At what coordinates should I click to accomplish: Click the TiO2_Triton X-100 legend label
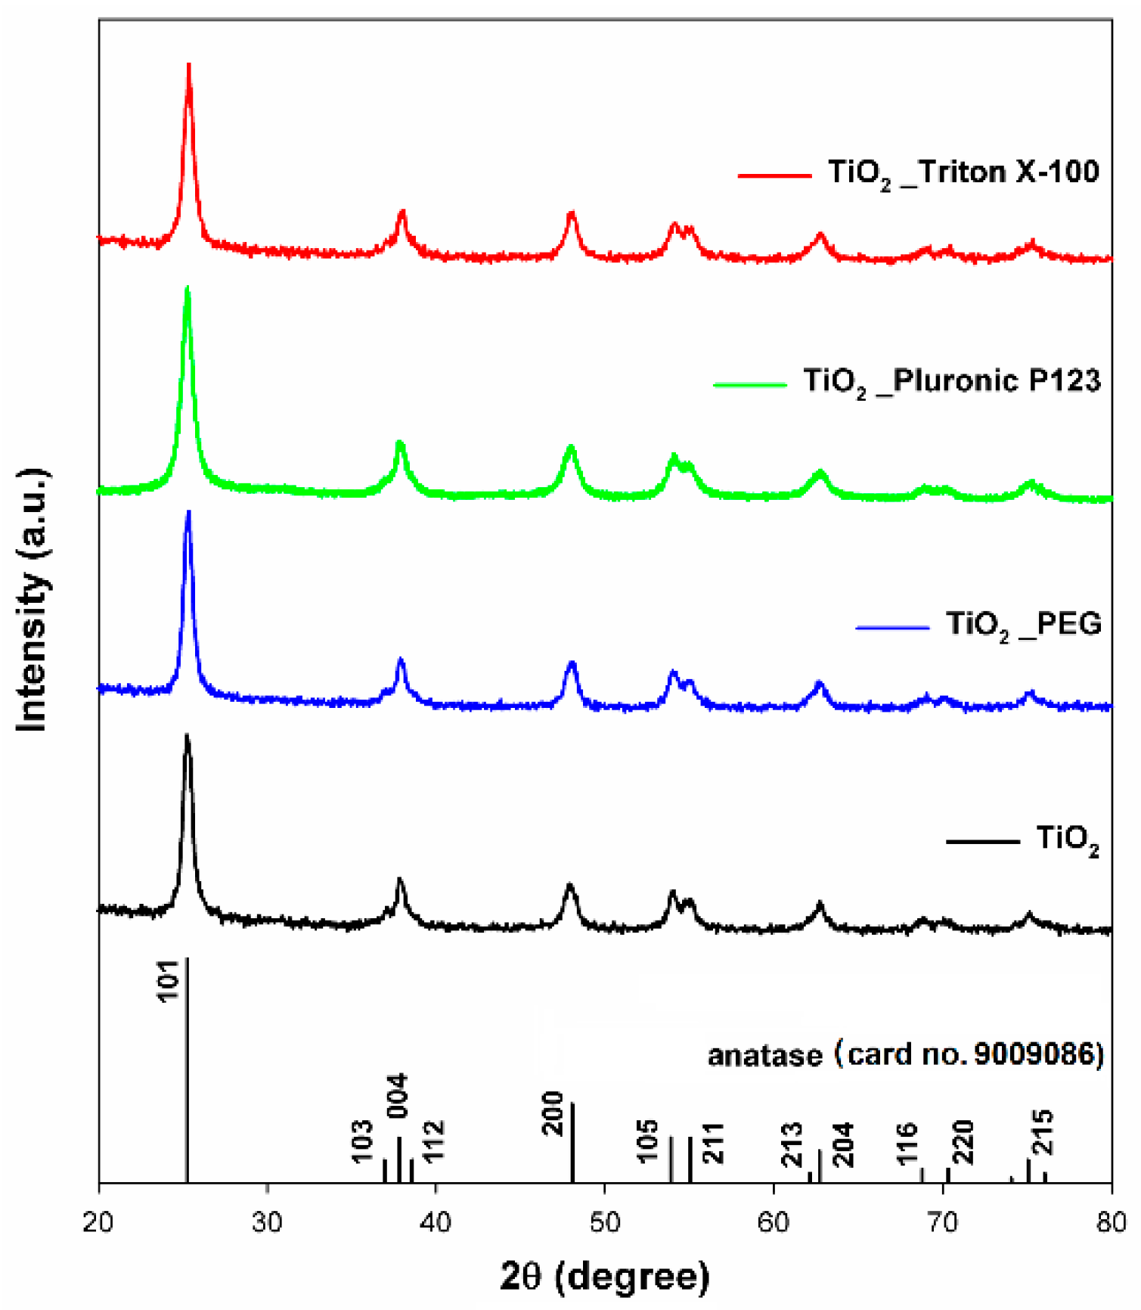963,173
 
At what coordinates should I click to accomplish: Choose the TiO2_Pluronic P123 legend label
951,381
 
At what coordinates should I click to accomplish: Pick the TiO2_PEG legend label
1024,625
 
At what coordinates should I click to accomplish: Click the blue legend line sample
892,627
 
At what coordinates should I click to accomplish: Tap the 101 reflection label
169,981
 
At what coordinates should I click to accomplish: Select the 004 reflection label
398,1095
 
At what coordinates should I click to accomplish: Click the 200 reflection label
554,1113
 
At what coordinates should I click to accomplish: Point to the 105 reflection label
647,1142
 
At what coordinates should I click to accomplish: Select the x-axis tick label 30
267,1222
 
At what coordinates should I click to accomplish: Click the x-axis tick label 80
1111,1222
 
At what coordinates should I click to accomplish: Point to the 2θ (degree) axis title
605,1277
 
